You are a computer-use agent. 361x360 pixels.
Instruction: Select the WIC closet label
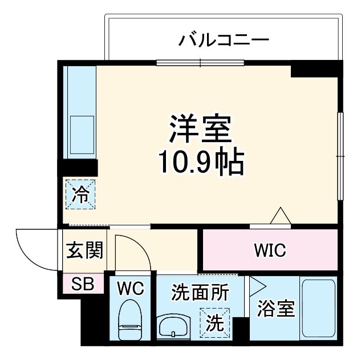[x=270, y=250]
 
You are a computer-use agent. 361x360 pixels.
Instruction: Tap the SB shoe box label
[x=83, y=284]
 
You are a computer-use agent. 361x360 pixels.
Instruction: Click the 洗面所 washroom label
[x=200, y=292]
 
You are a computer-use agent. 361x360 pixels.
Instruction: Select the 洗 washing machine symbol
[x=214, y=323]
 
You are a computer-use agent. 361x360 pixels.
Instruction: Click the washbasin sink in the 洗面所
[x=173, y=327]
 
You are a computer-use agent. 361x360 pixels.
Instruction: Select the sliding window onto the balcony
[x=200, y=62]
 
